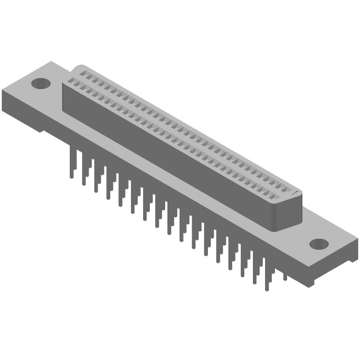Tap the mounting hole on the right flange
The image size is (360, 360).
319,243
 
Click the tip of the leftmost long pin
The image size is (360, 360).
72,177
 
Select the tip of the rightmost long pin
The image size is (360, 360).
267,289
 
